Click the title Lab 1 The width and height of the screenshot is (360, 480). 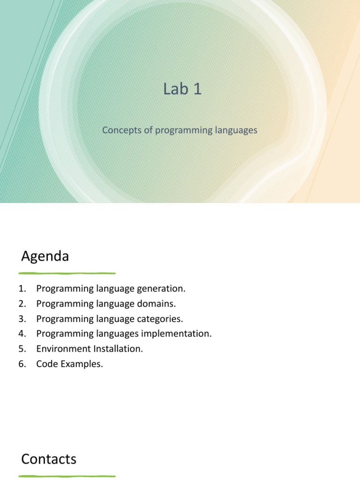(183, 89)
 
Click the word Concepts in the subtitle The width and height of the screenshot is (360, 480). (121, 130)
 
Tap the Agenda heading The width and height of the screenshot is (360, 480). (45, 256)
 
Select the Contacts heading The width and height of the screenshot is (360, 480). (49, 459)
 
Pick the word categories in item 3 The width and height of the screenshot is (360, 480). (159, 319)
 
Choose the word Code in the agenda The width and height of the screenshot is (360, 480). (46, 364)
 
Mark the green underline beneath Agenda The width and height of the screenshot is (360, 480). (67, 273)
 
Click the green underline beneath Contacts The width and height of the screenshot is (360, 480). (67, 476)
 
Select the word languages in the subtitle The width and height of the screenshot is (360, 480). (234, 130)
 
